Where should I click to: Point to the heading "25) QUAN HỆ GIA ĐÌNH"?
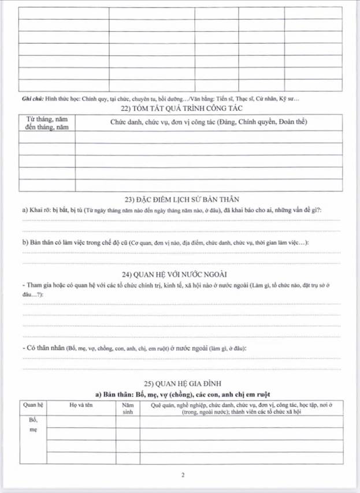[181, 383]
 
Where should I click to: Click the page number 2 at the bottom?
[183, 476]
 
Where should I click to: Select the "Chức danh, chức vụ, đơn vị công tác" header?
[209, 122]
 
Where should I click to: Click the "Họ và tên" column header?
[81, 405]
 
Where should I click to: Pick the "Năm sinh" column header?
[128, 409]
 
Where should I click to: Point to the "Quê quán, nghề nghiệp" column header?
[242, 409]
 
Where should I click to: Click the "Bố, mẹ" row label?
[32, 425]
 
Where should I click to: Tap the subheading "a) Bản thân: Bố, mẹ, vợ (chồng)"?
[183, 394]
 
